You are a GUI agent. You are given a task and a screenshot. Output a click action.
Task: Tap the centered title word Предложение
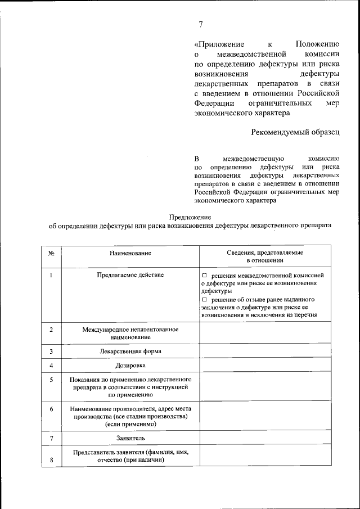(190, 217)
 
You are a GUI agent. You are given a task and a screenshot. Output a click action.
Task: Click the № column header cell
(51, 254)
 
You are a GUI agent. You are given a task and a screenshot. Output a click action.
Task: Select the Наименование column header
(130, 254)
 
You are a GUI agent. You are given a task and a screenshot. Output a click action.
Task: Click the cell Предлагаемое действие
(130, 274)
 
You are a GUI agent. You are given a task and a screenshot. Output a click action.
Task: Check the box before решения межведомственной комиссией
(205, 276)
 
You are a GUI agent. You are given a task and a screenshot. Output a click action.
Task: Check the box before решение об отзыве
(205, 300)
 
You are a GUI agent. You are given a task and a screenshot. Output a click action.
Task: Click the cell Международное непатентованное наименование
(130, 332)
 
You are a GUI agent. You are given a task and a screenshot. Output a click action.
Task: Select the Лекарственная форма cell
(130, 352)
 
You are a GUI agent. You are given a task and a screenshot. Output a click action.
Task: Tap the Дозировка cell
(130, 366)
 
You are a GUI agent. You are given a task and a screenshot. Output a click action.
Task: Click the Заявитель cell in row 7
(130, 438)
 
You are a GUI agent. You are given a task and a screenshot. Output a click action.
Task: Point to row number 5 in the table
(51, 380)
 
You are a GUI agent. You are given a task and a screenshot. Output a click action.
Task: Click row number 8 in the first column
(51, 461)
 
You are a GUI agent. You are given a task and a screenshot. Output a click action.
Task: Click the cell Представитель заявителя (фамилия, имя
(130, 456)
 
